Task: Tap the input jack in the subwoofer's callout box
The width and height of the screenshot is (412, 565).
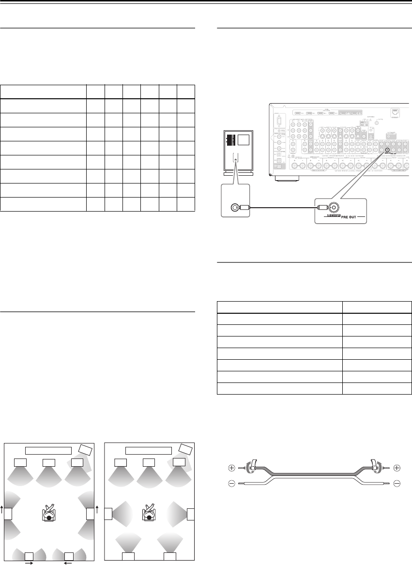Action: click(x=234, y=208)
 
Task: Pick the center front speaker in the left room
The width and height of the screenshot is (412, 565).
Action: click(x=49, y=462)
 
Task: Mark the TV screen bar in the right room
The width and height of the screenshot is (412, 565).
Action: click(x=148, y=450)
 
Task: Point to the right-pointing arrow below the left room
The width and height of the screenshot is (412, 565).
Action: click(x=29, y=563)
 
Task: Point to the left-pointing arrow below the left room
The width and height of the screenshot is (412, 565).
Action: click(x=68, y=563)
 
